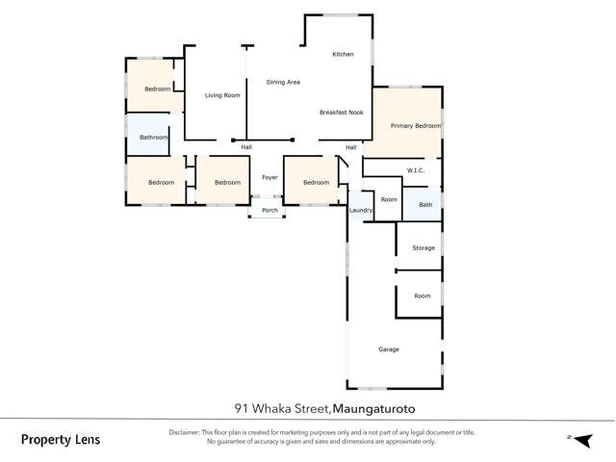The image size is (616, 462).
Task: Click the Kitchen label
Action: (344, 54)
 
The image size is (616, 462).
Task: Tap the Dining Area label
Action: (284, 83)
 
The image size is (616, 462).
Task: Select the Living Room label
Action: (222, 95)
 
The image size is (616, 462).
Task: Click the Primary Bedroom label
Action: (415, 126)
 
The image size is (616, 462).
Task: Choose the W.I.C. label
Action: (415, 170)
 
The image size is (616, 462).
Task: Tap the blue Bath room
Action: (424, 204)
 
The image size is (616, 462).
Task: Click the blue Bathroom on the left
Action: (153, 138)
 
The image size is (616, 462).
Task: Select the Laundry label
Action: (361, 210)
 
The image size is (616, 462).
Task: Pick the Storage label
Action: (423, 247)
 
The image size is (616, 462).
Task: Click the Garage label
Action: (389, 349)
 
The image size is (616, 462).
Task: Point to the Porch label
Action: (269, 210)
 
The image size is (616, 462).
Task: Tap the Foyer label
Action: (269, 178)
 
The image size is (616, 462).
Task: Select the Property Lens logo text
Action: (61, 440)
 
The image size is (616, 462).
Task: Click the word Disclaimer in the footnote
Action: (187, 432)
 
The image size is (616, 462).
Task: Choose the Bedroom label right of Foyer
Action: (316, 183)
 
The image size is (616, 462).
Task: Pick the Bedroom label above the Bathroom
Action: (158, 90)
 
